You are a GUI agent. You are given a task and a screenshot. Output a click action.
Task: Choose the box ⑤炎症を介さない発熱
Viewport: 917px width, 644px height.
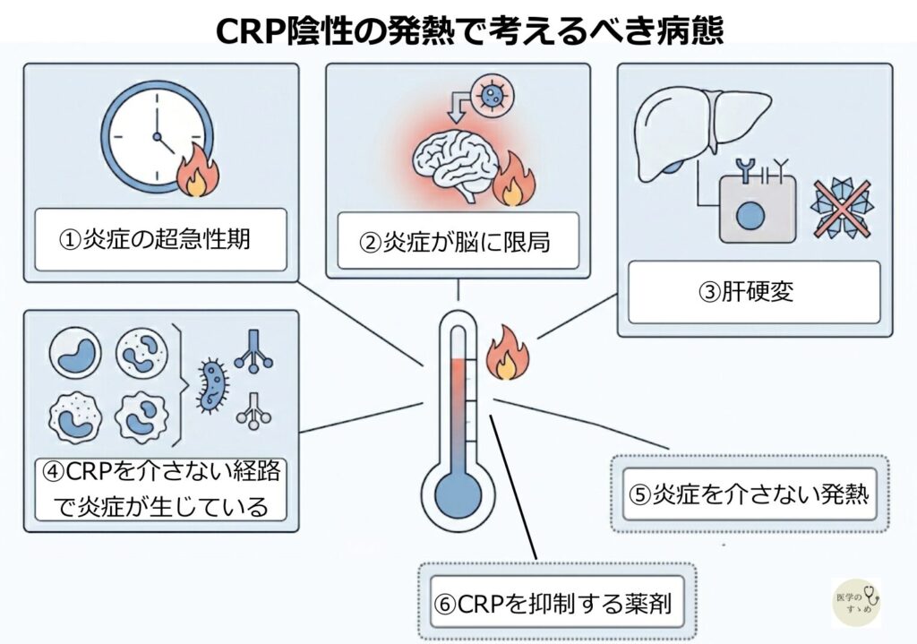coord(749,494)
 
